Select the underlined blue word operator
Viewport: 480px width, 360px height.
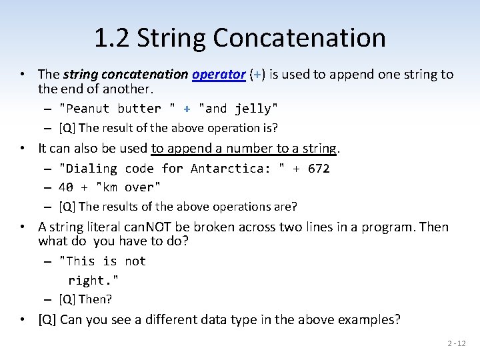coord(219,74)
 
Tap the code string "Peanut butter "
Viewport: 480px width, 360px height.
coord(117,109)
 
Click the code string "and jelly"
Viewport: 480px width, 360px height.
coord(239,109)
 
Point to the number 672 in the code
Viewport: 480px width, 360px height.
coord(319,169)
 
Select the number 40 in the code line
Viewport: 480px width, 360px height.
coord(66,187)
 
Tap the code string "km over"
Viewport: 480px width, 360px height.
coord(129,187)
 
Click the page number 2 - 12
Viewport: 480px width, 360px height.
coord(457,343)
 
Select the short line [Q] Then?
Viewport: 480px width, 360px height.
coord(85,299)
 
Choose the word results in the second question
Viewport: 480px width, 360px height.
coord(122,206)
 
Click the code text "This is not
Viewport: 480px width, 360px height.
coord(102,261)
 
